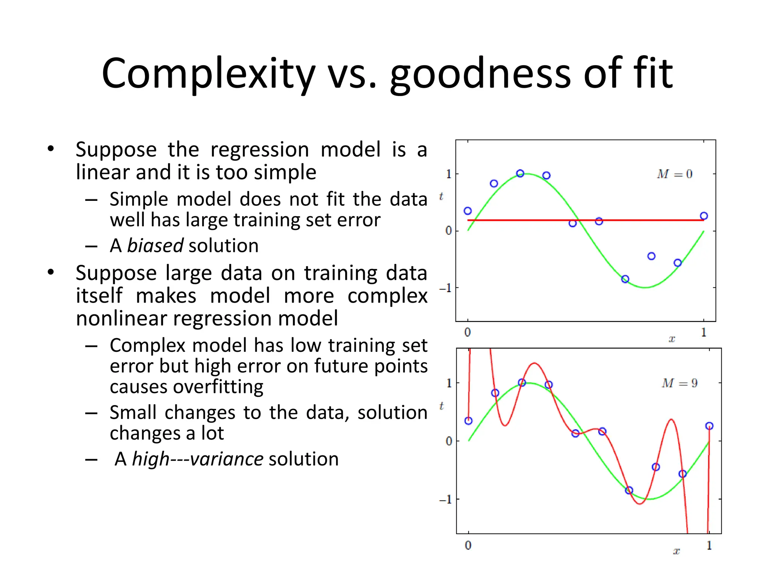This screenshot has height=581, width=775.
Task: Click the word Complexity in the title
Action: point(208,74)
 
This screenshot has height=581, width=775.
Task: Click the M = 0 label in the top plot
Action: point(674,174)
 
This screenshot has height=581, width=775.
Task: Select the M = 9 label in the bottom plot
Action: point(679,383)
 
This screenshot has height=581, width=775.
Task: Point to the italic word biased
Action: point(155,246)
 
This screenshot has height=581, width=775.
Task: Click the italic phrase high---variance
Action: point(198,459)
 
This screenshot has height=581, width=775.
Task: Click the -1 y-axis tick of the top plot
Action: point(445,288)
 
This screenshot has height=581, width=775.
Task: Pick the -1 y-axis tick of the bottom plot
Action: point(445,500)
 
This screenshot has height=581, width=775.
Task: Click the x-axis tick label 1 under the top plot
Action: point(703,332)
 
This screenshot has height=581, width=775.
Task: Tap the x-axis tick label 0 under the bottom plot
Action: point(468,545)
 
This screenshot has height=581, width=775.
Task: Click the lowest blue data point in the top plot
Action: point(625,279)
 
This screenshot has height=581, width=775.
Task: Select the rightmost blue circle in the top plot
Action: point(704,216)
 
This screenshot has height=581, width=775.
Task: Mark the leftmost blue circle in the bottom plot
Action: point(468,421)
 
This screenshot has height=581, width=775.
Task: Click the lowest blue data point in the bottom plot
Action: point(629,490)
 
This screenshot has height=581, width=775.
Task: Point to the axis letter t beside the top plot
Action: point(441,196)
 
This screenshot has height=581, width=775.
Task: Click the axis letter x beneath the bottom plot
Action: point(677,551)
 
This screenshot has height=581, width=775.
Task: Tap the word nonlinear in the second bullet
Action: point(121,318)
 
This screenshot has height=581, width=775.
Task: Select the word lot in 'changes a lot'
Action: point(212,433)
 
